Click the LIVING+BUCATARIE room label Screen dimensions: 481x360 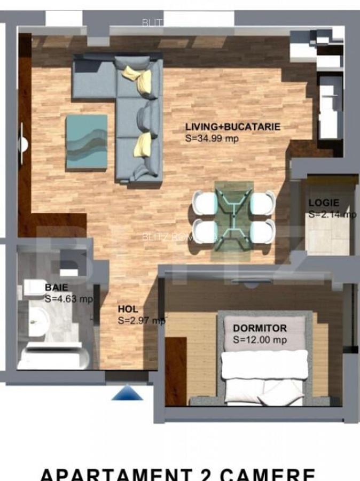pyautogui.click(x=232, y=127)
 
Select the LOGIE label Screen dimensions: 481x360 pyautogui.click(x=323, y=203)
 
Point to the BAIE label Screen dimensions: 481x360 pyautogui.click(x=56, y=288)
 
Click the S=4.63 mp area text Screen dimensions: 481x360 pyautogui.click(x=68, y=299)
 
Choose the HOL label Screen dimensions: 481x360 pyautogui.click(x=128, y=309)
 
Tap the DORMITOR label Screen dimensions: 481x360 pyautogui.click(x=260, y=328)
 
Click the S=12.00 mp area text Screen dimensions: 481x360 pyautogui.click(x=260, y=339)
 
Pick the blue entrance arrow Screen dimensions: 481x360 pyautogui.click(x=127, y=394)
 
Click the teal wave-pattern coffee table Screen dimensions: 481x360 pyautogui.click(x=86, y=142)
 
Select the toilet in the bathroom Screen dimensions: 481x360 pyautogui.click(x=33, y=289)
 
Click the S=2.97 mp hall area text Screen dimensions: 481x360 pyautogui.click(x=142, y=320)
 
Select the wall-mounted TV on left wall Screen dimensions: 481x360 pyautogui.click(x=22, y=144)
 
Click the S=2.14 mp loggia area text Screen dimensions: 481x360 pyautogui.click(x=332, y=214)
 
